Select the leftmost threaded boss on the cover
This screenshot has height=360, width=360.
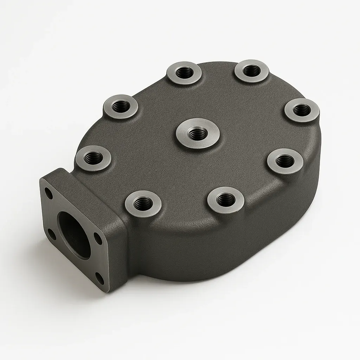93,158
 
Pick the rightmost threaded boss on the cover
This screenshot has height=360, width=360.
302,110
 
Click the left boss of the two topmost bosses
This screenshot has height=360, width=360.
184,73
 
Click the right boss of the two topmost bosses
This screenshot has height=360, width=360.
251,71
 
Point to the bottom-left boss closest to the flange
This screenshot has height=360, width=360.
143,204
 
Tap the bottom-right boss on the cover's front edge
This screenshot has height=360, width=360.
225,200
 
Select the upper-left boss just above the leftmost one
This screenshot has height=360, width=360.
121,106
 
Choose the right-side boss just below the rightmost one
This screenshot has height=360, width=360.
285,161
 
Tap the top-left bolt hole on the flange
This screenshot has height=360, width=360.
49,193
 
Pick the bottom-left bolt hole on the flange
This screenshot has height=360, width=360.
52,233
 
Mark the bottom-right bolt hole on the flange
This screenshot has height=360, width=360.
100,279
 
